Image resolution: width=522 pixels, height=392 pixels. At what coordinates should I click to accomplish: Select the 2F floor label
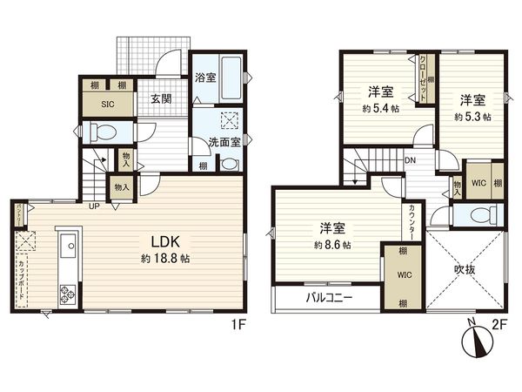point(499,323)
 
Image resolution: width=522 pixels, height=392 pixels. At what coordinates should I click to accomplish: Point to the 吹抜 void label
point(467,270)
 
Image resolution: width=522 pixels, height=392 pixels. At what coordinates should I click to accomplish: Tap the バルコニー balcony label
point(328,297)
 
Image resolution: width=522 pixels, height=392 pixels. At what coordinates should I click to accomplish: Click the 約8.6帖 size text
point(333,246)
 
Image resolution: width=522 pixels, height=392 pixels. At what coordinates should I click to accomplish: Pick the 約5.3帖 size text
point(472,115)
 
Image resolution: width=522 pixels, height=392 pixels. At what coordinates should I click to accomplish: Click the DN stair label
point(410,160)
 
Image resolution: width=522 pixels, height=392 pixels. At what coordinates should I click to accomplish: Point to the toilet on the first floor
point(103,133)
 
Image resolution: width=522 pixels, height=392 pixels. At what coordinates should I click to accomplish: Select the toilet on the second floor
point(482,216)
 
